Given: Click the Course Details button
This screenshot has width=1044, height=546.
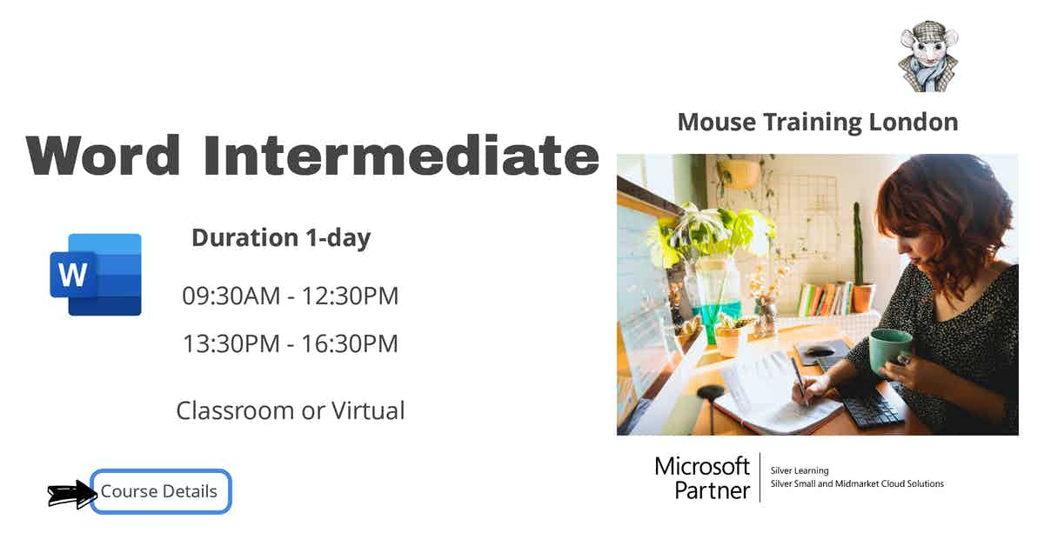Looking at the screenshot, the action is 161,491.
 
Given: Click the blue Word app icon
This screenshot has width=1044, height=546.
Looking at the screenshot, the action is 96,275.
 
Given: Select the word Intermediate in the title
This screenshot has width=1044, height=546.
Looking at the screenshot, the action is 401,156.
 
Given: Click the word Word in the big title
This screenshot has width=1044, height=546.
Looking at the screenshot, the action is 103,156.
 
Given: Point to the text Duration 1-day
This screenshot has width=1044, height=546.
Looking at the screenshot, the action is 281,238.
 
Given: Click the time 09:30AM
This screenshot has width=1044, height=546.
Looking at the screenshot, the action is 231,296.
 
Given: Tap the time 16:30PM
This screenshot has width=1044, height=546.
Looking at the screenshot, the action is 350,343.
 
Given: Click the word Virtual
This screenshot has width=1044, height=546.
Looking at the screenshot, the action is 368,410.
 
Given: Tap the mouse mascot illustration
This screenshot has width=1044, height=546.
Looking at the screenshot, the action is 928,57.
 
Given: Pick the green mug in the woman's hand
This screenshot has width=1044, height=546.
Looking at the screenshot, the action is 889,350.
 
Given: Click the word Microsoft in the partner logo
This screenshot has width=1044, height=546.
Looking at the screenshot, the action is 702,466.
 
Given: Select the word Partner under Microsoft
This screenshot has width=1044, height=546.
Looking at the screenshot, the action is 713,490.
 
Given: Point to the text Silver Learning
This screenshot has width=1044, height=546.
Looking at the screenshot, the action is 800,470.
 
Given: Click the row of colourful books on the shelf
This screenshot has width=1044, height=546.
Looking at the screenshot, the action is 825,298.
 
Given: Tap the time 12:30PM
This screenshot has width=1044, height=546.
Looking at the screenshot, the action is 350,296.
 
